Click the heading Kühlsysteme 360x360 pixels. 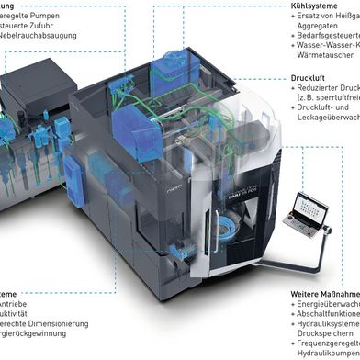click(315, 6)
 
